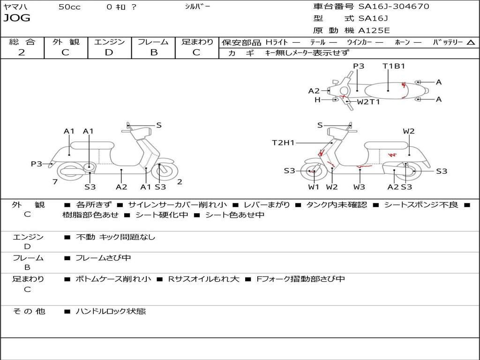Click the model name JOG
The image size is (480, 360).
point(16,18)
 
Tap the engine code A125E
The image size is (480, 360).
point(374,30)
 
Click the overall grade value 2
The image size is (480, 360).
point(22,52)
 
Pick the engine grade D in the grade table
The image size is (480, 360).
point(109,52)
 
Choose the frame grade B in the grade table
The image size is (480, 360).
point(153,52)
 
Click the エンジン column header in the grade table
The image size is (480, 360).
point(109,42)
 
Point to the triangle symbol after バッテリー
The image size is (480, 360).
point(471,42)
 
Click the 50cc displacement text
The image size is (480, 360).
point(69,7)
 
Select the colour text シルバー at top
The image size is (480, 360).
point(197,7)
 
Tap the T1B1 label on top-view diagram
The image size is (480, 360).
point(393,66)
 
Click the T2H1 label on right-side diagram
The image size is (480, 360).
point(283,143)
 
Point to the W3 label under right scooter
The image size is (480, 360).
point(360,187)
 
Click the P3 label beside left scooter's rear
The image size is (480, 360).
point(37,164)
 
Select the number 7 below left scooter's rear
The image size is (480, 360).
point(55,182)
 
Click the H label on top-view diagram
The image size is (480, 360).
point(317,99)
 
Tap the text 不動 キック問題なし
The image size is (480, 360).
point(115,237)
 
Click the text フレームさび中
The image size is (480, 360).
point(103,258)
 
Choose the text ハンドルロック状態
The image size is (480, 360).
point(111,311)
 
